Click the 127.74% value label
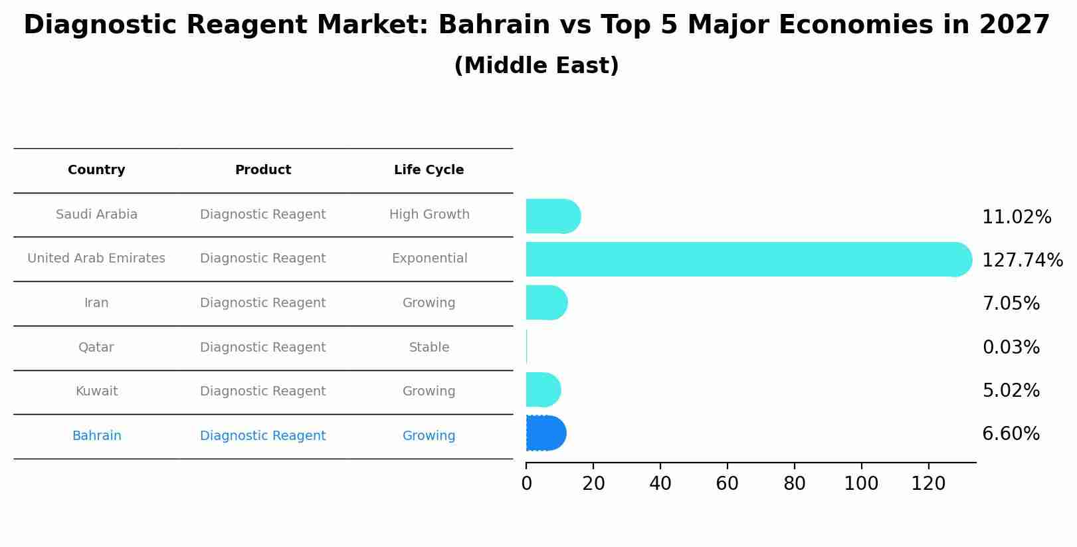(1022, 260)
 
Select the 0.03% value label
(1011, 347)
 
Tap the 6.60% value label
(1011, 434)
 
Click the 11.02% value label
(1017, 217)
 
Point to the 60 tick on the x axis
(727, 483)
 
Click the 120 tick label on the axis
(928, 483)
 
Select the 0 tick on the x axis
(526, 483)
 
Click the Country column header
(96, 170)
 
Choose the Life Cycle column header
(429, 170)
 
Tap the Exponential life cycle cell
(429, 259)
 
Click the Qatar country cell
(96, 347)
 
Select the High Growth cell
(429, 215)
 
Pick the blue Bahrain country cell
(96, 436)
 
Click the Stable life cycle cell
(429, 347)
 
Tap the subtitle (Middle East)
(536, 66)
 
